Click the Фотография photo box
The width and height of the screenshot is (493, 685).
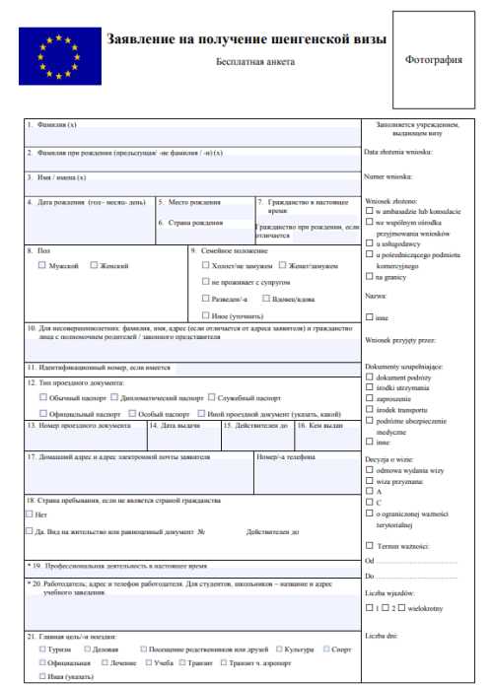(433, 59)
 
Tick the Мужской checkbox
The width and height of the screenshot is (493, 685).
(41, 265)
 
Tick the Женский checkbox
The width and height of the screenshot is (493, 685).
(94, 265)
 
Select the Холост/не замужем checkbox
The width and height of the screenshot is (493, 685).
(205, 265)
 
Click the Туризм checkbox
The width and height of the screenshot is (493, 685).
(41, 651)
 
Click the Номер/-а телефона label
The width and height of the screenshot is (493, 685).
(284, 457)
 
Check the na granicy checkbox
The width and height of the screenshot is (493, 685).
(369, 277)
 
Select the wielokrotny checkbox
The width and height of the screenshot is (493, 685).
(398, 608)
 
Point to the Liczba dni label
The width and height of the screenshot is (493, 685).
(380, 635)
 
